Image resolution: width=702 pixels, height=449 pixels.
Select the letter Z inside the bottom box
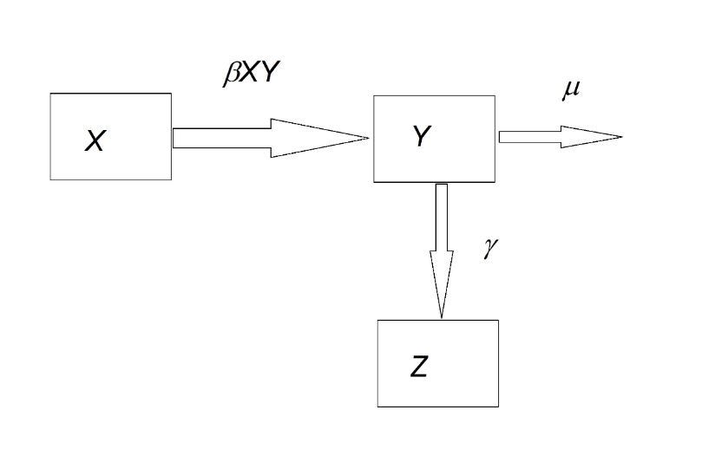[419, 368]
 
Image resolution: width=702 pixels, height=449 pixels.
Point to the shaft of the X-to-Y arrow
[222, 138]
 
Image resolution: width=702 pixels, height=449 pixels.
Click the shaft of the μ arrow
[528, 136]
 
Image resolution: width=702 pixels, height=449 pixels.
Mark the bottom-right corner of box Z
[498, 406]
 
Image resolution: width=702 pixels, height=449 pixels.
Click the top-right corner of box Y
[495, 96]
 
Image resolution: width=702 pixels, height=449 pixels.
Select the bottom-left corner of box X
[50, 179]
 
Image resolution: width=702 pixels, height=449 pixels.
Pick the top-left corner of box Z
[377, 321]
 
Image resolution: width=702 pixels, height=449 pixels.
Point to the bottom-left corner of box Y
[373, 182]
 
